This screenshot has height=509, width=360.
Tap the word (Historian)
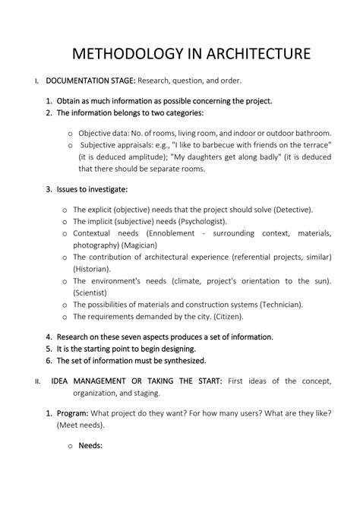coord(90,269)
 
